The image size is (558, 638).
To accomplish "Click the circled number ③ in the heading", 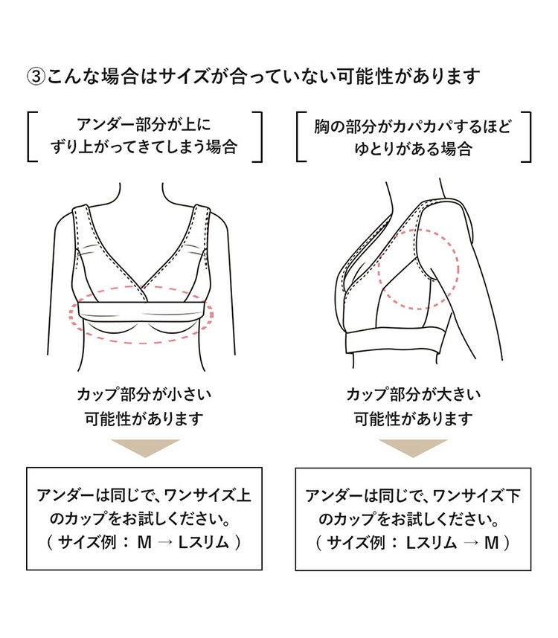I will click(35, 77).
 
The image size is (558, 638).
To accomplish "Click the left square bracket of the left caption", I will click(31, 136).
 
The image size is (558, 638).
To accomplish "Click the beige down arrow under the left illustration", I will click(144, 448).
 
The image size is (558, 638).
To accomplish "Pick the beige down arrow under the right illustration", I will click(413, 448).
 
